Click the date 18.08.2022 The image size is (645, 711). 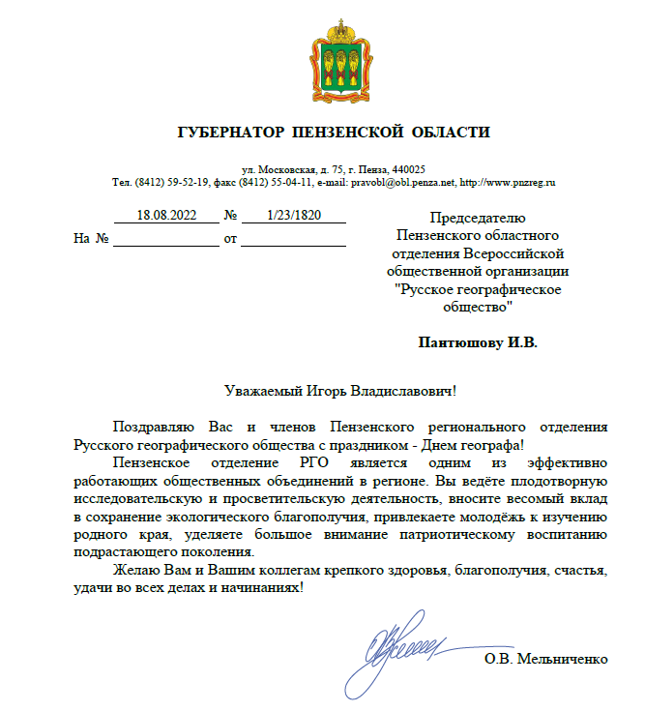click(x=165, y=216)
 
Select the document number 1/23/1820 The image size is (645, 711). click(x=293, y=216)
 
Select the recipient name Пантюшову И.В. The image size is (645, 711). click(x=478, y=342)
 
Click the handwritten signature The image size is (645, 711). click(x=406, y=643)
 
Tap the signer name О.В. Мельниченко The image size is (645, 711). click(x=546, y=660)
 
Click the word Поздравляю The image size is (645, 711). click(x=158, y=427)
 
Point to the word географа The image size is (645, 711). click(x=489, y=444)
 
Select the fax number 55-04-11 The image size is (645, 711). click(x=291, y=182)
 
